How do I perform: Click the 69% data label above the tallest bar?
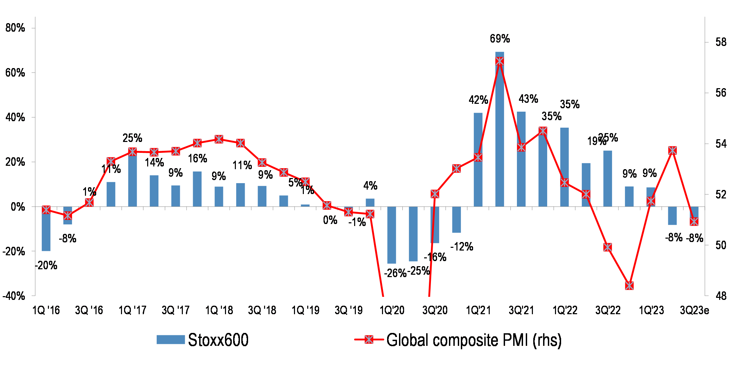pos(500,39)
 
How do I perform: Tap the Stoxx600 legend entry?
pos(203,340)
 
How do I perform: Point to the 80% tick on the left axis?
pos(15,28)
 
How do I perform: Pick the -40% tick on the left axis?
pos(14,296)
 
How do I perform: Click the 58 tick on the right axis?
pos(721,42)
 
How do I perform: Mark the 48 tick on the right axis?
pos(721,296)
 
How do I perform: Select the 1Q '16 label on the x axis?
pos(46,310)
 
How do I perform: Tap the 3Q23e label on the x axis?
pos(694,310)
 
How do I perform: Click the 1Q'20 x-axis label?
pos(392,310)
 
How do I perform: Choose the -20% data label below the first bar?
pos(46,266)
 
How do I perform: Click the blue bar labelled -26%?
pos(392,235)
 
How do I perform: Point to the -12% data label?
pos(462,247)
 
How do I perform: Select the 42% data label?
pos(478,100)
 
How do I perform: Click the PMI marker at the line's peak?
pos(500,62)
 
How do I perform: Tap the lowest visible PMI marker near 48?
pos(629,286)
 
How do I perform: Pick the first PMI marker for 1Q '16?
pos(46,210)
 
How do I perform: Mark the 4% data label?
pos(370,186)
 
